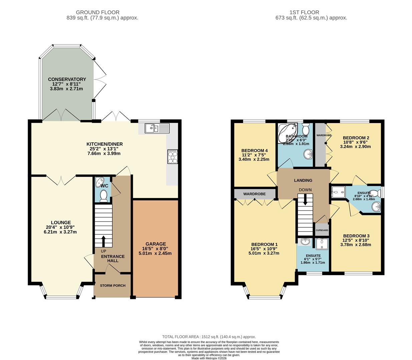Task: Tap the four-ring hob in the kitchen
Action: (173, 157)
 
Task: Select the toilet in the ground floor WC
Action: (104, 196)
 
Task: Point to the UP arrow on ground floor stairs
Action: (103, 241)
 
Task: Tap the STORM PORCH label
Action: (112, 286)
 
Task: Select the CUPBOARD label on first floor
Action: (322, 230)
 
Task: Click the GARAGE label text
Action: (155, 244)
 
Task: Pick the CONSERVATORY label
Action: (67, 79)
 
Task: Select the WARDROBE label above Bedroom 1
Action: (254, 194)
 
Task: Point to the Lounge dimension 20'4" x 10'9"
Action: (60, 227)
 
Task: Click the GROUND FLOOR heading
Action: (102, 12)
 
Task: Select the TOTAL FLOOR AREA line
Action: (209, 337)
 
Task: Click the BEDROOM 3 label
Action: (356, 236)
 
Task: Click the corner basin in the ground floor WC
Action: (99, 182)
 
